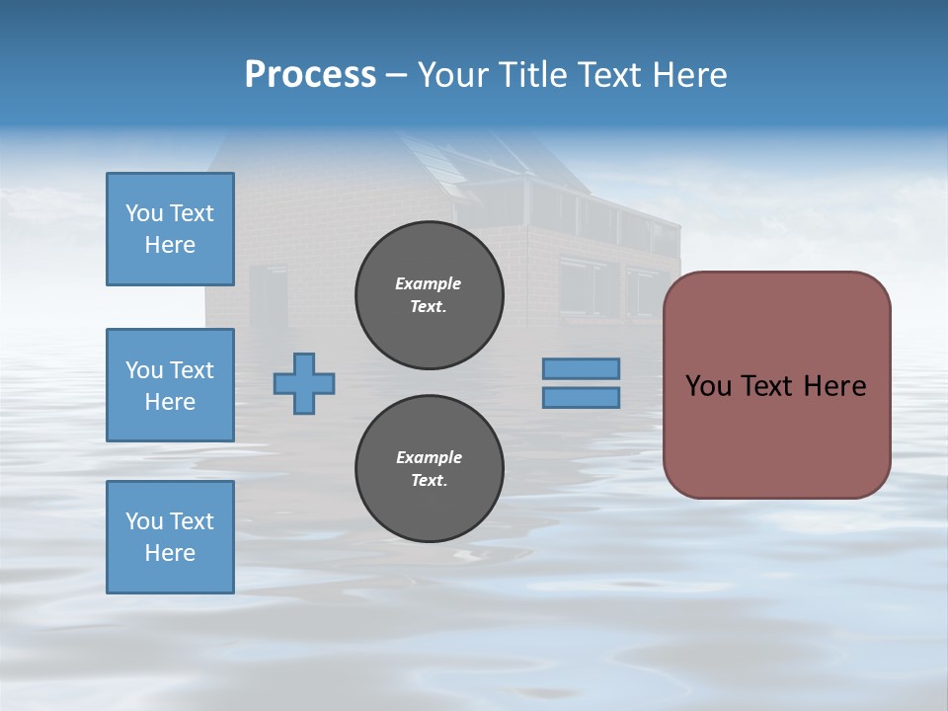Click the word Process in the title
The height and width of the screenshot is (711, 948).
[310, 75]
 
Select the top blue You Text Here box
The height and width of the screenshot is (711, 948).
[170, 229]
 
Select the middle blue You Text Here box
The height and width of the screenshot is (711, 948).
[170, 385]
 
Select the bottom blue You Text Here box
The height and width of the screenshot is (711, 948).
[170, 537]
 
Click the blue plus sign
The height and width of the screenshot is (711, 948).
[304, 383]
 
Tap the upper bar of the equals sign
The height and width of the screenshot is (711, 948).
[582, 368]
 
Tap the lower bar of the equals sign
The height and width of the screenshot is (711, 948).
[582, 397]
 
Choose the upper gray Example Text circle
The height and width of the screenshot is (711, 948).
[430, 295]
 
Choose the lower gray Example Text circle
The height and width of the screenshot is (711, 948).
[430, 469]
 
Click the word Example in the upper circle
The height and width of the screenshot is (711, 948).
[428, 283]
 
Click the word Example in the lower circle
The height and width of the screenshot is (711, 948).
[429, 457]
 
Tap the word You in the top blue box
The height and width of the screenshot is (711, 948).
[144, 213]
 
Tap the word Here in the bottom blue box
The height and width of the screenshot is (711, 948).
[170, 553]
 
